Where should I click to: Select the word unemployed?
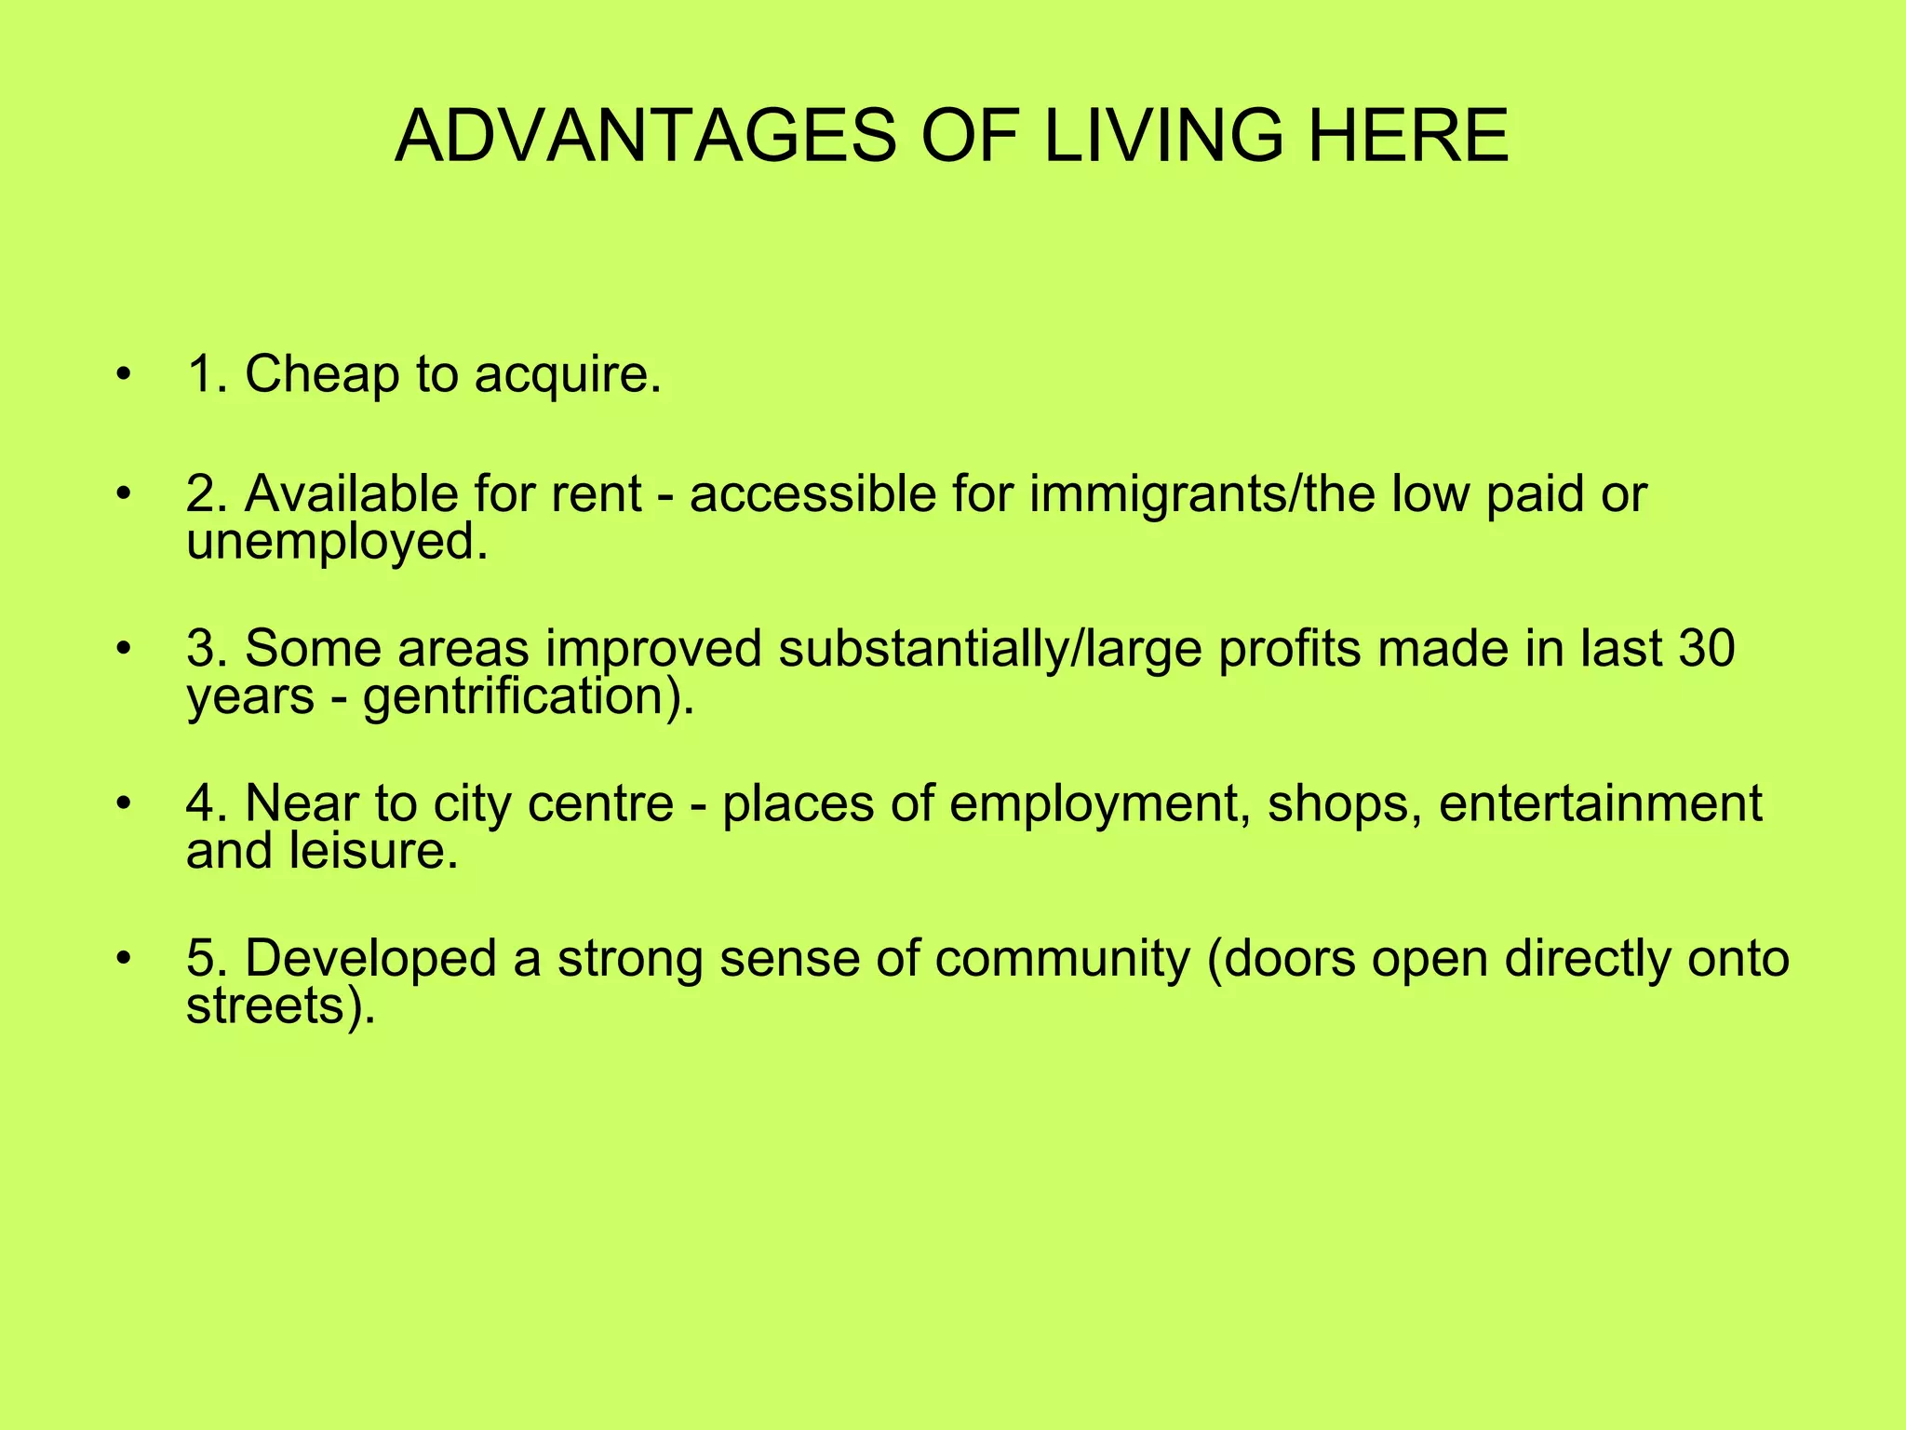[336, 542]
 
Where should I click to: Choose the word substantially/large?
[990, 648]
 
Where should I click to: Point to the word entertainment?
[1600, 803]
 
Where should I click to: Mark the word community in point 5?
[1062, 958]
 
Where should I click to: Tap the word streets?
[279, 1006]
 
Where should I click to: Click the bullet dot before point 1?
[124, 376]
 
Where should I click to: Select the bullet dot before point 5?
[124, 959]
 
